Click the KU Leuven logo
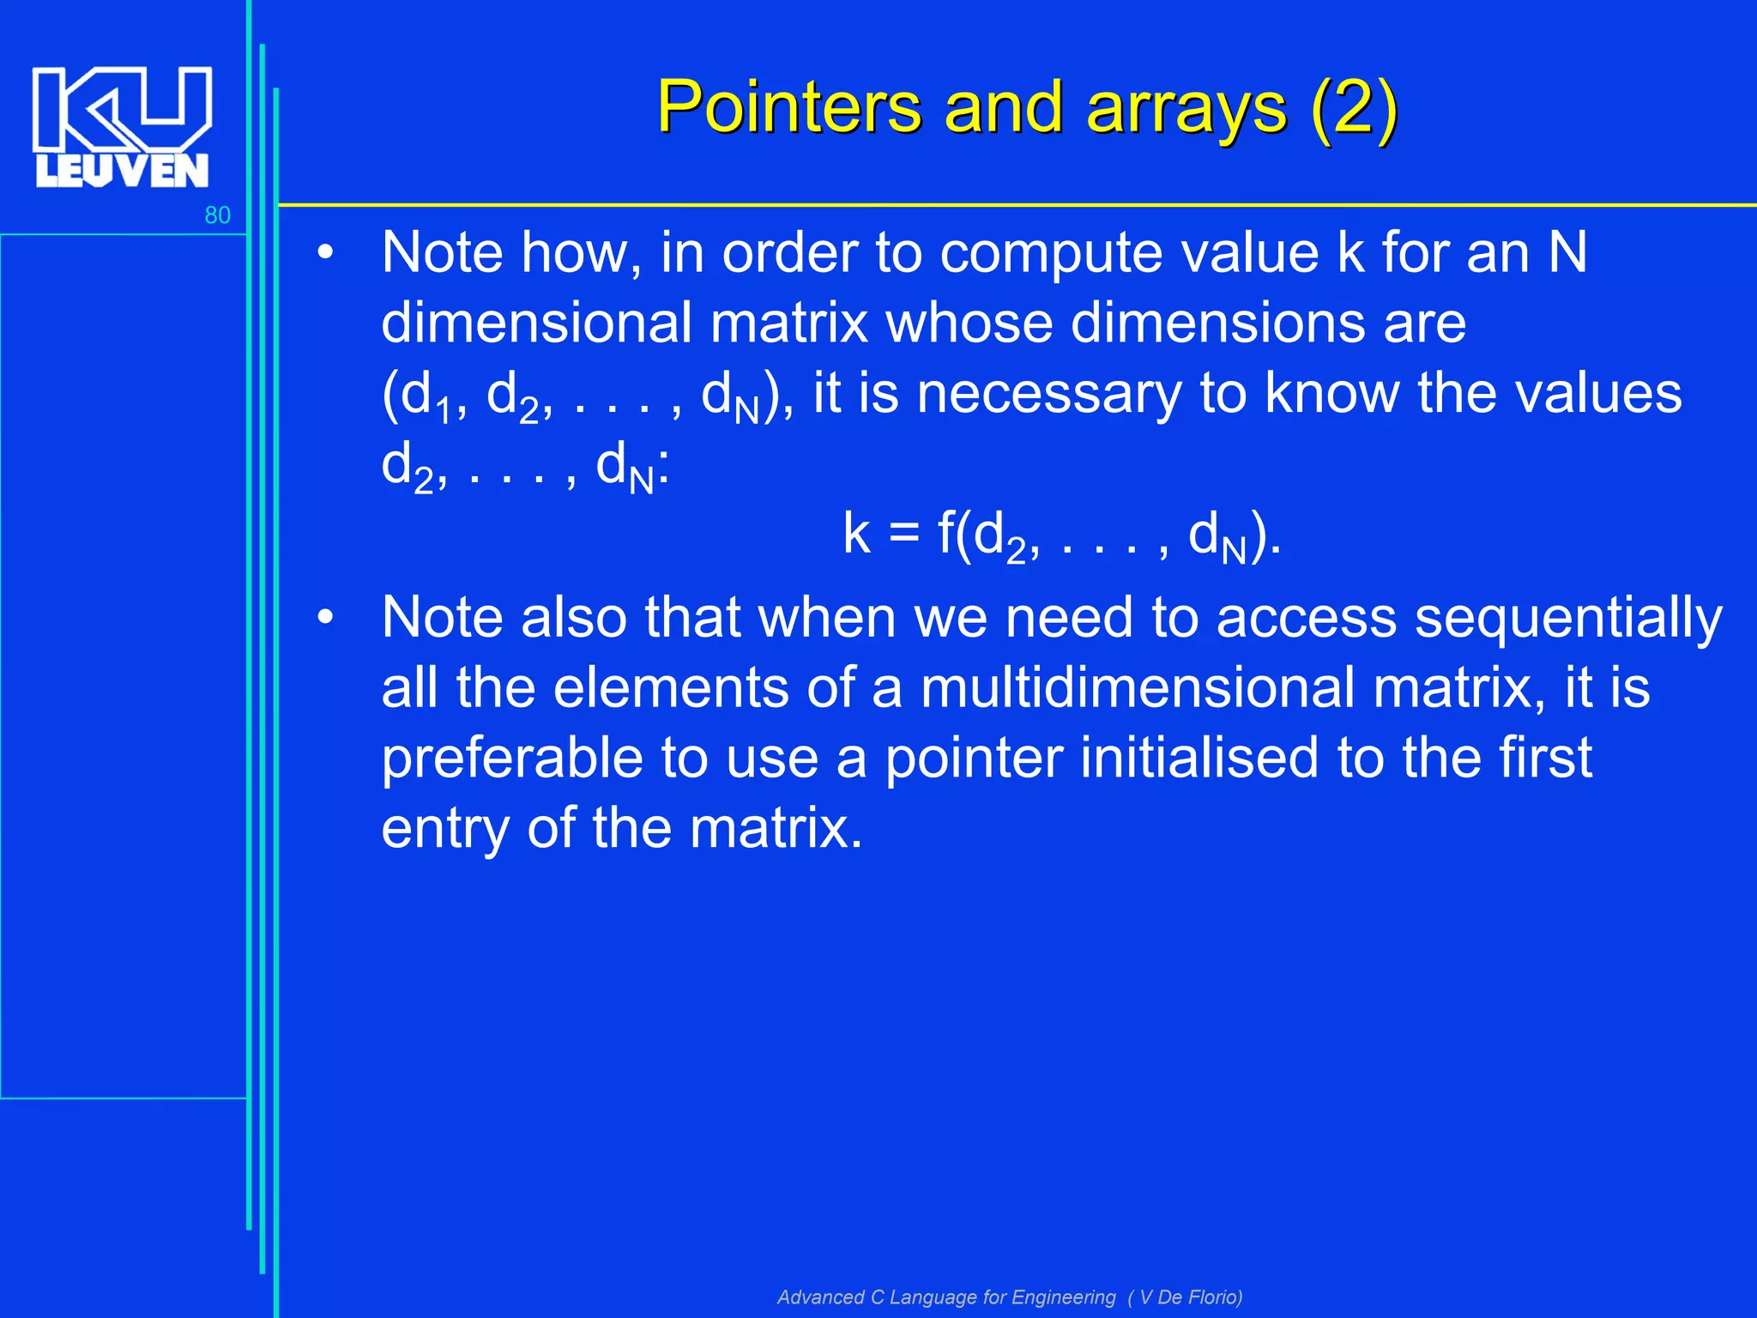pos(122,127)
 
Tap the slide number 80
pos(217,215)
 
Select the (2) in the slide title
pos(1354,108)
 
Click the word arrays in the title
pos(1186,108)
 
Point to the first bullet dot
pos(324,254)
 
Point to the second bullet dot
pos(324,618)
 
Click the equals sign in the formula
pos(903,533)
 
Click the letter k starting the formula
pos(856,533)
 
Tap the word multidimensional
pos(1137,688)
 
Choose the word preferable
pos(511,759)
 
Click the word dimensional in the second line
pos(536,323)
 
